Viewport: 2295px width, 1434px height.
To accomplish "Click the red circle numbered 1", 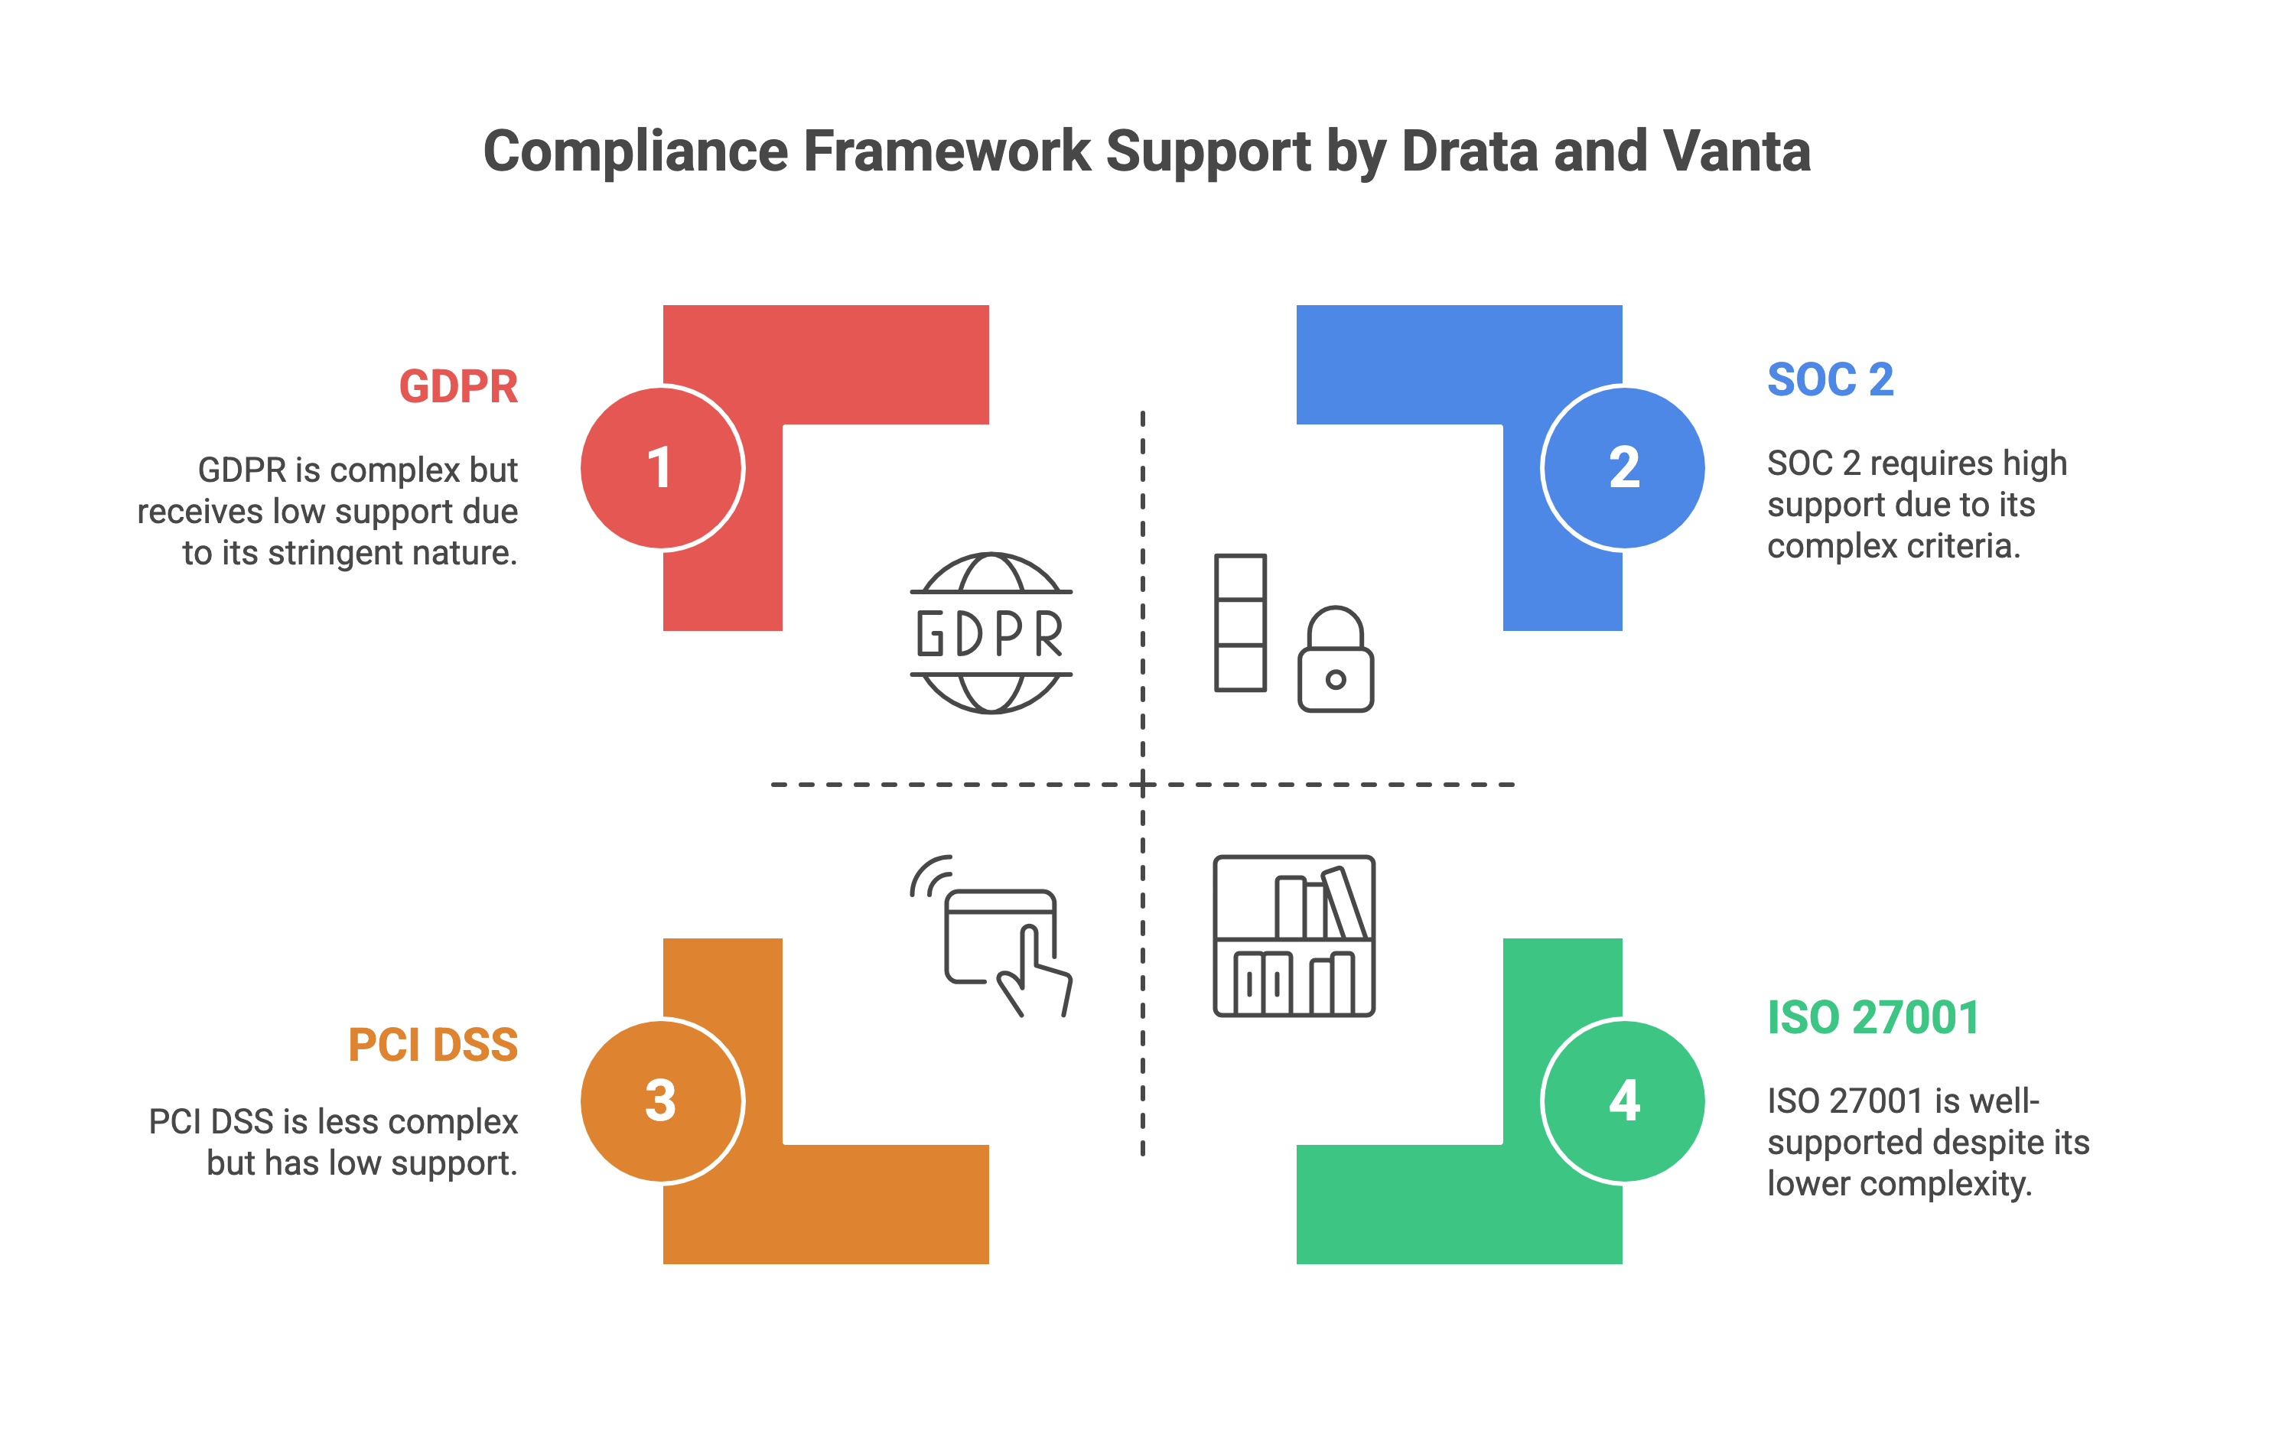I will click(x=661, y=467).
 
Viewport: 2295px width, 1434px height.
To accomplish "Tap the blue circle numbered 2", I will click(x=1623, y=467).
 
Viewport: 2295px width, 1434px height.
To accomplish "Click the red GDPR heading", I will click(x=458, y=387).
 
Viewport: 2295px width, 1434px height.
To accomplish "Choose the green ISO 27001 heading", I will click(x=1873, y=1019).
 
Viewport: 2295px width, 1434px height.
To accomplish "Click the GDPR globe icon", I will click(x=991, y=632).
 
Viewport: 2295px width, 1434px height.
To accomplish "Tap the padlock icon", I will click(x=1335, y=661).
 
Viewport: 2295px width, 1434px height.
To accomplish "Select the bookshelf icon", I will click(x=1294, y=936).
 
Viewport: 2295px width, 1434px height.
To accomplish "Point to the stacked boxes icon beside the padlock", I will click(x=1240, y=623).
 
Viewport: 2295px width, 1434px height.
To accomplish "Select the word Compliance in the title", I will click(x=636, y=151).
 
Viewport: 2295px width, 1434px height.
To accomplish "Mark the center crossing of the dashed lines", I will click(x=1143, y=785).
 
